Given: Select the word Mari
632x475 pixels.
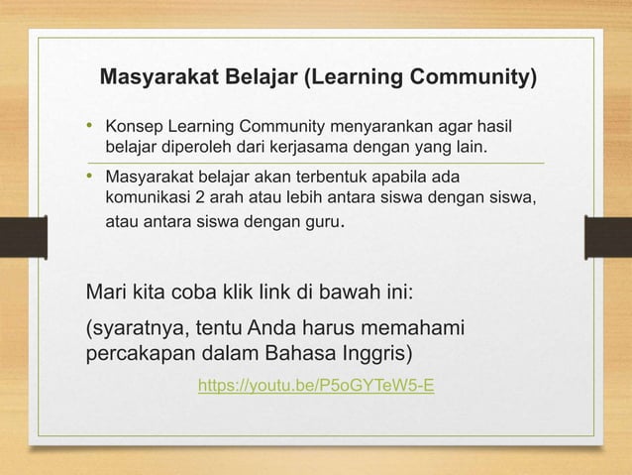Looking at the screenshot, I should (107, 294).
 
